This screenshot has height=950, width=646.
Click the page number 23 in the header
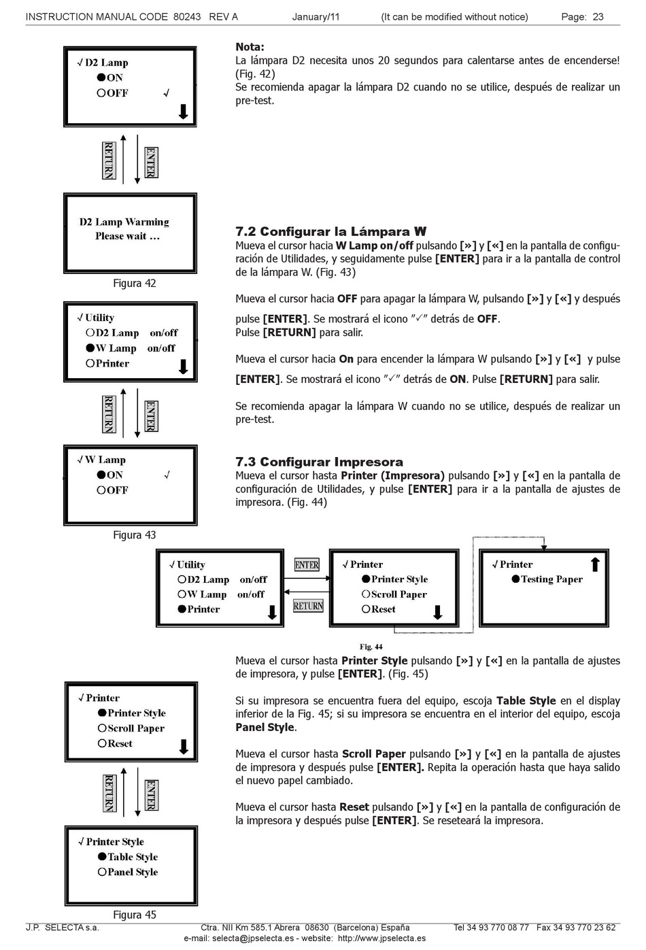[598, 17]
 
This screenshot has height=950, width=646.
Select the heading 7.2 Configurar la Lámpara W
[330, 232]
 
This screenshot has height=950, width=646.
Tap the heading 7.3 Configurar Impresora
[319, 462]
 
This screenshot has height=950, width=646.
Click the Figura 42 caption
[134, 284]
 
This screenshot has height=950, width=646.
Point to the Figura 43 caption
[134, 535]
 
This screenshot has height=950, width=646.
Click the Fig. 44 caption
[371, 647]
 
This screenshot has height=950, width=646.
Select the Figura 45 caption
[134, 915]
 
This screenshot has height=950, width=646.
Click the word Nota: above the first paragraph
[250, 47]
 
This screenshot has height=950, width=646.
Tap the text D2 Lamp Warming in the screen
[124, 222]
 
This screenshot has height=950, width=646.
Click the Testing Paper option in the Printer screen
[551, 579]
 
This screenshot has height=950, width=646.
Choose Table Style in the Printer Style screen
[132, 857]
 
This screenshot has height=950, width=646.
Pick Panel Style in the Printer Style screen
[132, 872]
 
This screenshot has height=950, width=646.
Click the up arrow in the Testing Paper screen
[595, 564]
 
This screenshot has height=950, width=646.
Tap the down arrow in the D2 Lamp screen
[183, 112]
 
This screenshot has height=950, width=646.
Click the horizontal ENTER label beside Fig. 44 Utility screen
[307, 565]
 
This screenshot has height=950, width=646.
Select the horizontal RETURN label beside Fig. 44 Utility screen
[308, 606]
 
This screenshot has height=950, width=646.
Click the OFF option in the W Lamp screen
[117, 490]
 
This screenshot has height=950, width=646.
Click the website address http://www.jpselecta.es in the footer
[381, 938]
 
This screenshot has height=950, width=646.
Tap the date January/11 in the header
[316, 17]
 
